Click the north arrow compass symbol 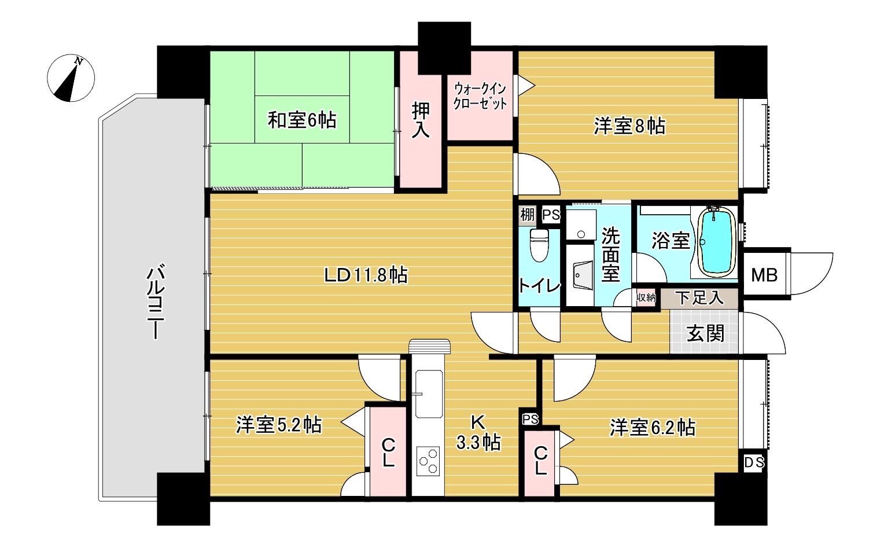coord(71,78)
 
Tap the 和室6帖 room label coord(302,120)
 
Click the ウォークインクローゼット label coord(480,96)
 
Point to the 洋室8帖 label coord(630,126)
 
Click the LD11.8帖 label coord(366,275)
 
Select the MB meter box coord(764,275)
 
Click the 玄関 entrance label coord(705,333)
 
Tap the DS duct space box coord(754,462)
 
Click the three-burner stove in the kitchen coord(428,461)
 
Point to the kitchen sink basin coord(429,393)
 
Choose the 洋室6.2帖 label coord(653,427)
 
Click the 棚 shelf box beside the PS coord(527,215)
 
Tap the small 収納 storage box coord(646,298)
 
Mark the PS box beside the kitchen coord(530,419)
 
